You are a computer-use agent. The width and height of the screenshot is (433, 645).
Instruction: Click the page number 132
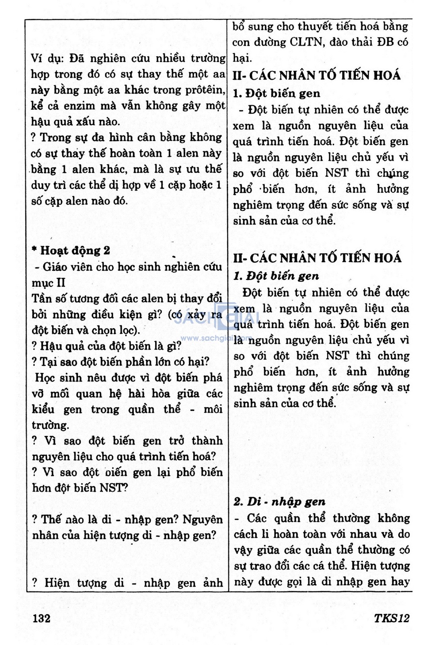point(41,618)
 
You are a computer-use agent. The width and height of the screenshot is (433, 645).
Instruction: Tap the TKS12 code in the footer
point(392,618)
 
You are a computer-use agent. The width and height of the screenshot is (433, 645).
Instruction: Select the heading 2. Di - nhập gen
point(280,502)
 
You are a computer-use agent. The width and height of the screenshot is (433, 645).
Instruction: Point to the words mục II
point(49,283)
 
